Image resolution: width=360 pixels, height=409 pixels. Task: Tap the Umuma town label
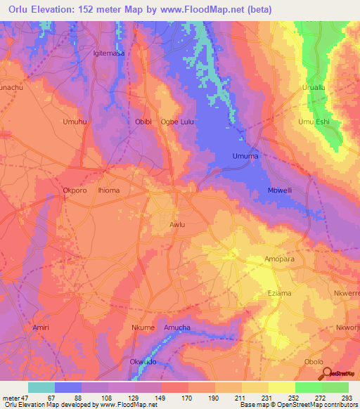246,156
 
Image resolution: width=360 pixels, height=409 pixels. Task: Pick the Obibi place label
143,122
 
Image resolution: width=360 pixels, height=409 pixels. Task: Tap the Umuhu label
75,122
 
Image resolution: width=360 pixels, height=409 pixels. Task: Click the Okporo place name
75,190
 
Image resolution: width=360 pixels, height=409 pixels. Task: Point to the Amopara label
281,259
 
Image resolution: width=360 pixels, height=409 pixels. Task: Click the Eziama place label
281,293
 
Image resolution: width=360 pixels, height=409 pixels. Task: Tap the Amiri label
41,327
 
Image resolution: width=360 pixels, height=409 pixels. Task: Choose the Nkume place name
143,327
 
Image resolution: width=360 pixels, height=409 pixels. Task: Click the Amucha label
177,327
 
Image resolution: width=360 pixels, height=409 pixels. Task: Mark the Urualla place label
314,87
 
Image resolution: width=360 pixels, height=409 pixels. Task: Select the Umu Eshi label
314,122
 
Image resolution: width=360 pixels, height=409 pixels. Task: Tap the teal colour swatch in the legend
41,387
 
